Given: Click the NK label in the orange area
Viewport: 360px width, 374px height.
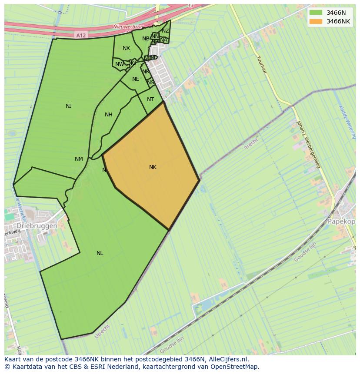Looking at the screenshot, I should [153, 167].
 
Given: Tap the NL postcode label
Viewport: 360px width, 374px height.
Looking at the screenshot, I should [100, 253].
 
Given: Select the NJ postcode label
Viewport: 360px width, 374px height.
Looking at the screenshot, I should [69, 106].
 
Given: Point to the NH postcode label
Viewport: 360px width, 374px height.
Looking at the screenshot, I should [109, 115].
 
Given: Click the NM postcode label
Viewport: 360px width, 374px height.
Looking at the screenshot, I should [79, 159].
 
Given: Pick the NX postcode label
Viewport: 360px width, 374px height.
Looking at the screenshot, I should [126, 48].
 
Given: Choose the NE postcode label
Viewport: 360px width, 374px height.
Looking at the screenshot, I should [136, 79].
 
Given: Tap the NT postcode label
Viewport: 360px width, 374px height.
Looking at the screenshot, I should [150, 99].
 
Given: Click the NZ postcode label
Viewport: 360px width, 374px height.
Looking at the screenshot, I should [165, 31].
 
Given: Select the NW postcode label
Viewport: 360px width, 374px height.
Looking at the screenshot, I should [119, 65].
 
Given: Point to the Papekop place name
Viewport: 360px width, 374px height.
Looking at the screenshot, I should [341, 221].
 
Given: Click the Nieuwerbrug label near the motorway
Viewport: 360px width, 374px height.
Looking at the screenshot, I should [127, 27].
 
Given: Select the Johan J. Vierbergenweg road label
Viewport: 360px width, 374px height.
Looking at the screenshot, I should [308, 144].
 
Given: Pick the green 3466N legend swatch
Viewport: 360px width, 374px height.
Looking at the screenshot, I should [316, 13].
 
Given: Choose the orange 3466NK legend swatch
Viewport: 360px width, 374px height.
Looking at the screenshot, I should [316, 21].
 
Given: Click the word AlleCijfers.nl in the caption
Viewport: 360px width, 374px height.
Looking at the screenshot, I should [228, 359].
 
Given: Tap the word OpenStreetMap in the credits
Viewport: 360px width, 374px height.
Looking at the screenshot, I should [234, 367].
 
